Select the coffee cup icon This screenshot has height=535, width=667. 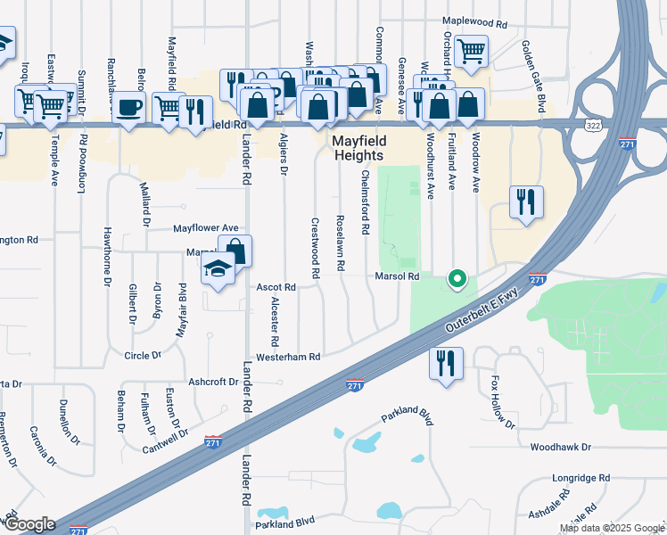(x=130, y=107)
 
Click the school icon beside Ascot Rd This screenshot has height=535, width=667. (x=218, y=267)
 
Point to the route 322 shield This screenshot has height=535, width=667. (x=594, y=126)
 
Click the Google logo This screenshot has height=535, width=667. (x=29, y=524)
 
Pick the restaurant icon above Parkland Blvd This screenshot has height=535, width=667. (x=444, y=362)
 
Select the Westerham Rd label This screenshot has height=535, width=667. (x=288, y=357)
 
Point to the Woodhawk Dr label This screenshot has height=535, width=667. (x=561, y=447)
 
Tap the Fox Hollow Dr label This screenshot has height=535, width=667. (x=502, y=401)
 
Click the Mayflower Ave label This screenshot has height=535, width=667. (x=206, y=228)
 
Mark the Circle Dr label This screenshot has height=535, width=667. (x=143, y=355)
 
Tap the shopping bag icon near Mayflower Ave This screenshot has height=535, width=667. (x=235, y=250)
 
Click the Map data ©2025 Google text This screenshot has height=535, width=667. (x=611, y=528)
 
